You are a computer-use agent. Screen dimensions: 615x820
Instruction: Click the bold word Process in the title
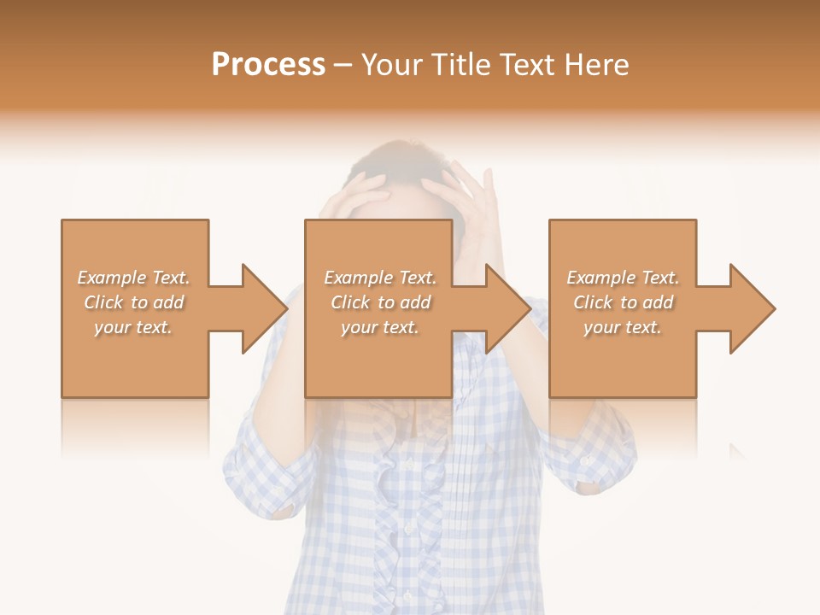click(x=268, y=65)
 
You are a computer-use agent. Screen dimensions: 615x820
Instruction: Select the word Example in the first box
click(x=111, y=278)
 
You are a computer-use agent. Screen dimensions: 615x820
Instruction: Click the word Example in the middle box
click(x=358, y=278)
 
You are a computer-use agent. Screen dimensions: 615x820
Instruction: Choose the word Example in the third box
click(x=601, y=278)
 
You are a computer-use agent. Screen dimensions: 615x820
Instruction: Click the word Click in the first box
click(x=103, y=302)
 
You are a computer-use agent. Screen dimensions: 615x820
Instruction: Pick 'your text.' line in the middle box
click(x=379, y=327)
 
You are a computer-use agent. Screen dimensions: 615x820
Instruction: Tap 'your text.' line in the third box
click(x=622, y=327)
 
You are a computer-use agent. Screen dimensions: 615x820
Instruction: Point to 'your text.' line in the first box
click(x=132, y=327)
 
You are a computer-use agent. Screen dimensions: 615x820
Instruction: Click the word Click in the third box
click(x=593, y=302)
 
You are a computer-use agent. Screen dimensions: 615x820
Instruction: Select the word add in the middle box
click(x=415, y=302)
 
